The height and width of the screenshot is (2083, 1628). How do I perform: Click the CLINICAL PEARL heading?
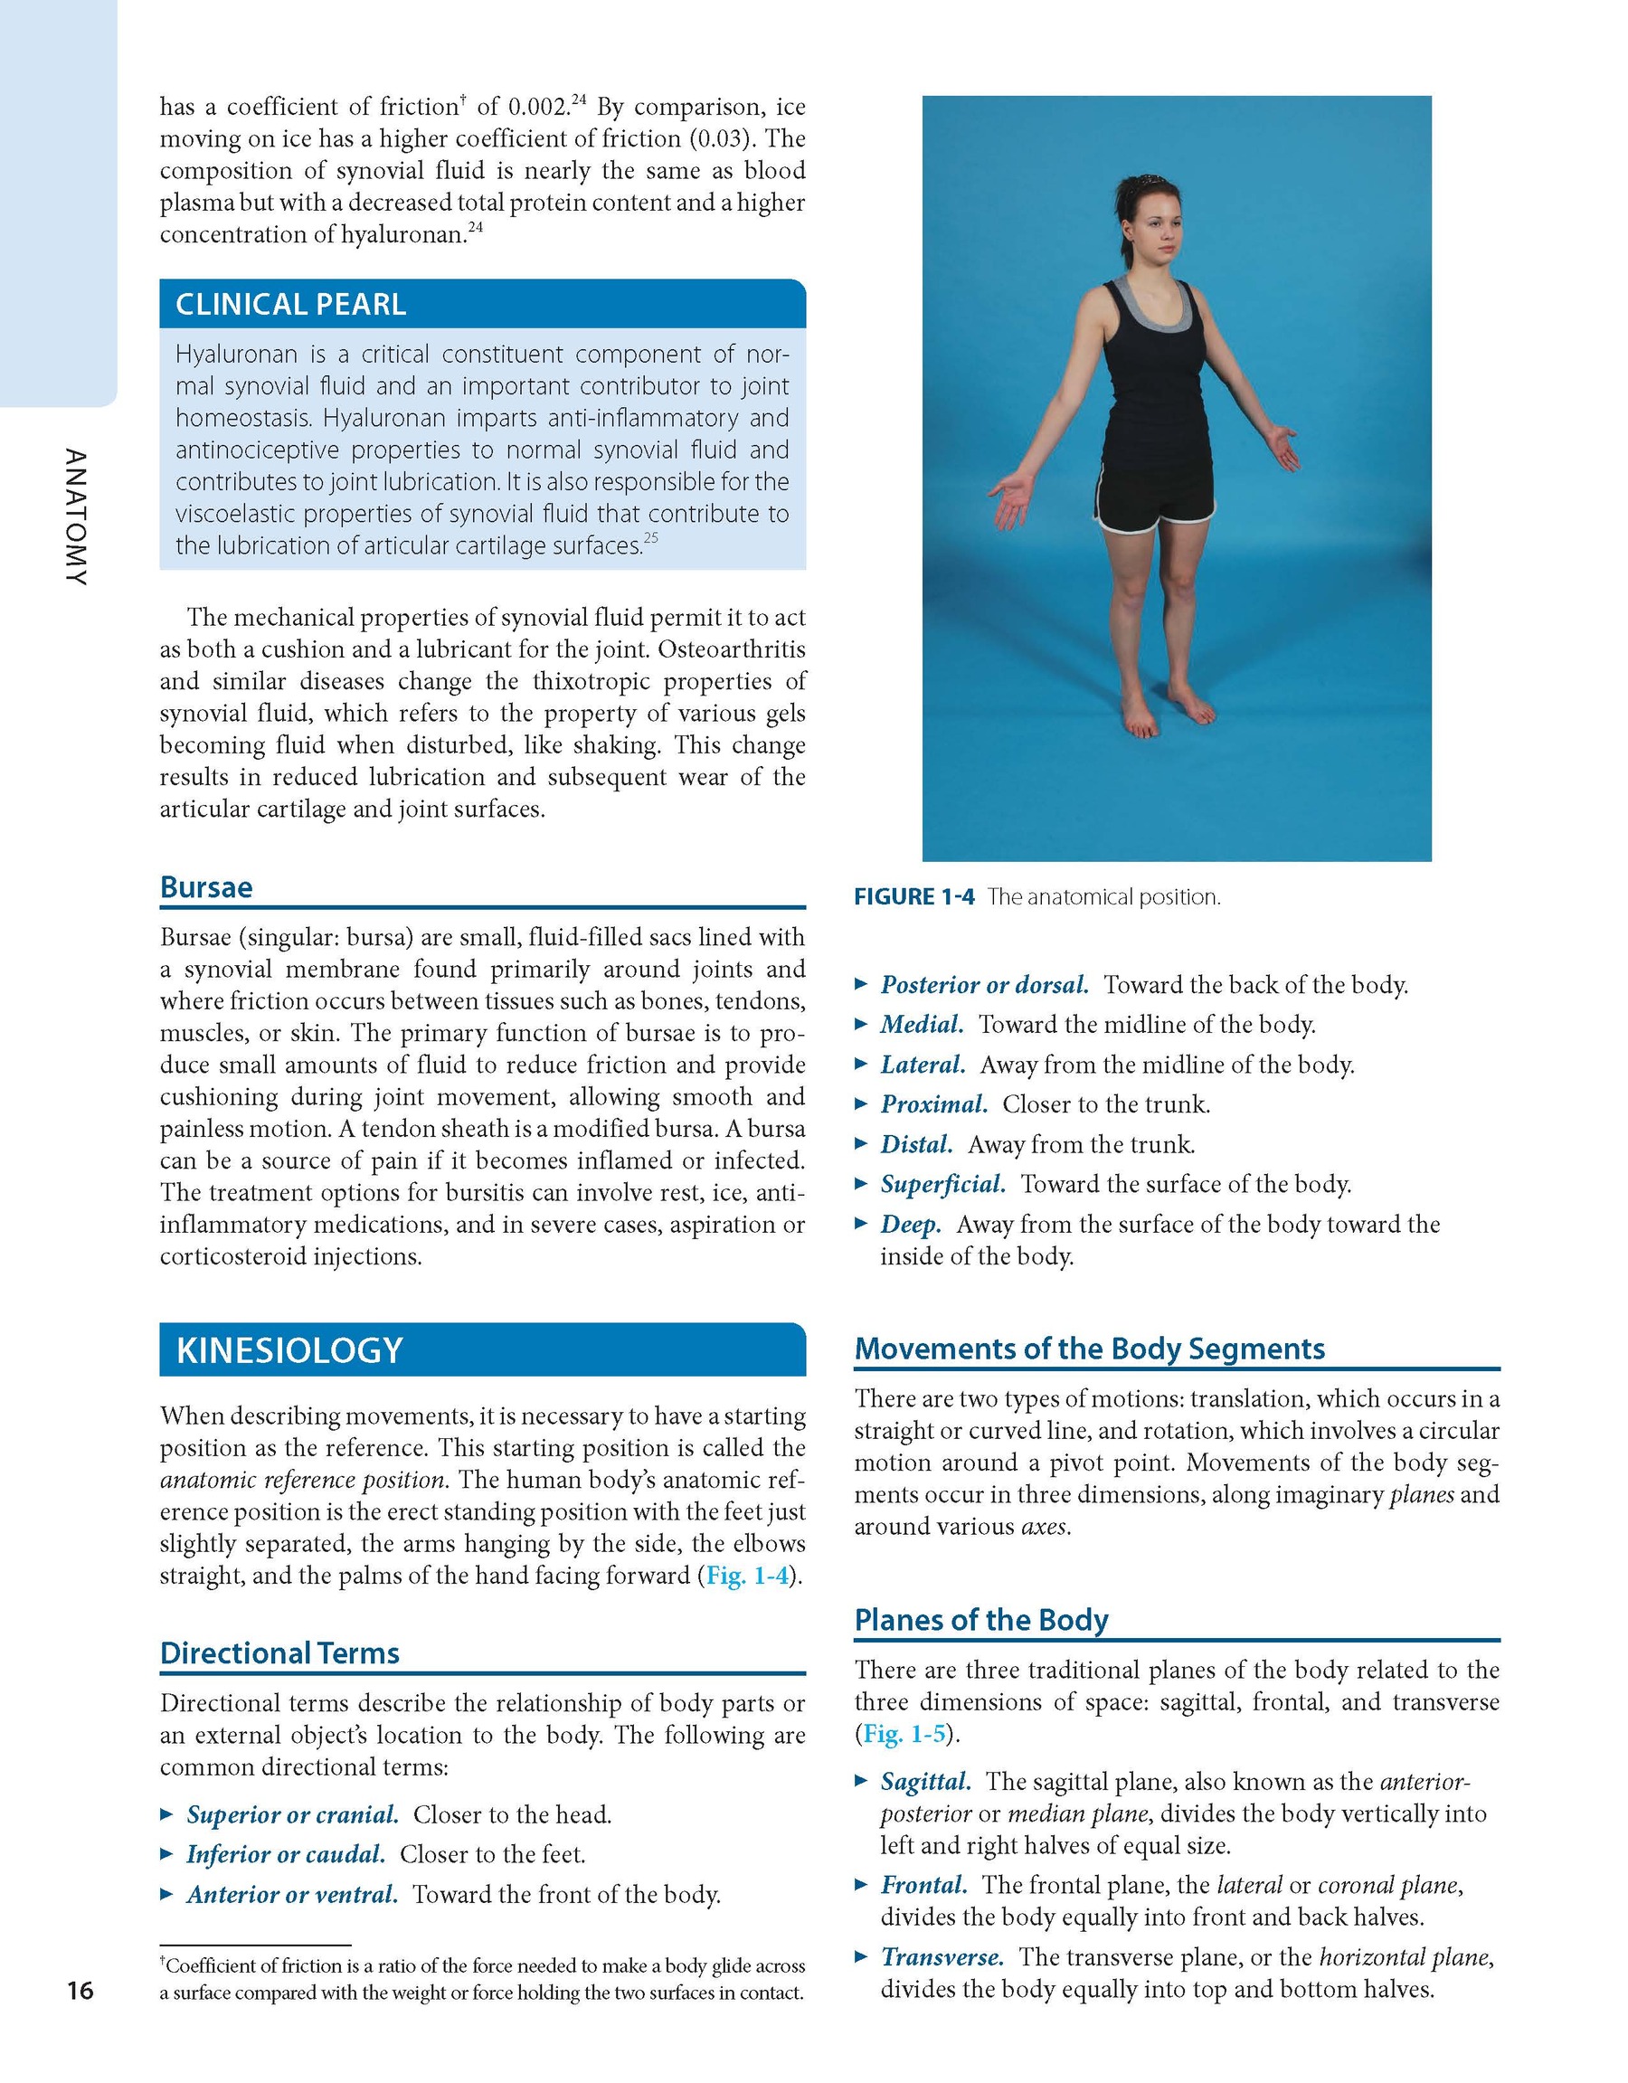tap(291, 304)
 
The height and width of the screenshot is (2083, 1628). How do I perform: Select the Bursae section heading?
tap(206, 887)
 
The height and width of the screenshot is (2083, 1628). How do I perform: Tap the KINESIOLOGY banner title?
tap(290, 1350)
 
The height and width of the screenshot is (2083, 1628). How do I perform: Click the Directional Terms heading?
tap(279, 1652)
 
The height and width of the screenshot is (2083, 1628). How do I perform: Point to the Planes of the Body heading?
tap(981, 1620)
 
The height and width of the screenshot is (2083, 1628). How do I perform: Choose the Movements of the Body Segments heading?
tap(1089, 1349)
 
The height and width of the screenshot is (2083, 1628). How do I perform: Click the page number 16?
tap(80, 1991)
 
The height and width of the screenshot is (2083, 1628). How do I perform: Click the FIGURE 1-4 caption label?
tap(913, 896)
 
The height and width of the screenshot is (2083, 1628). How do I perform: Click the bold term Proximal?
tap(933, 1104)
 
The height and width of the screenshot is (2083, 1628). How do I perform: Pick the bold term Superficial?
tap(942, 1185)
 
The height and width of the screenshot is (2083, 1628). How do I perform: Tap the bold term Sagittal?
tap(925, 1782)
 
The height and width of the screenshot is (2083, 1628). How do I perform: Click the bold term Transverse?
tap(942, 1957)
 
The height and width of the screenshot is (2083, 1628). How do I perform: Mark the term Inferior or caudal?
tap(286, 1854)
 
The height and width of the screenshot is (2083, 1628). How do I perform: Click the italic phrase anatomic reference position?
tap(303, 1481)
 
